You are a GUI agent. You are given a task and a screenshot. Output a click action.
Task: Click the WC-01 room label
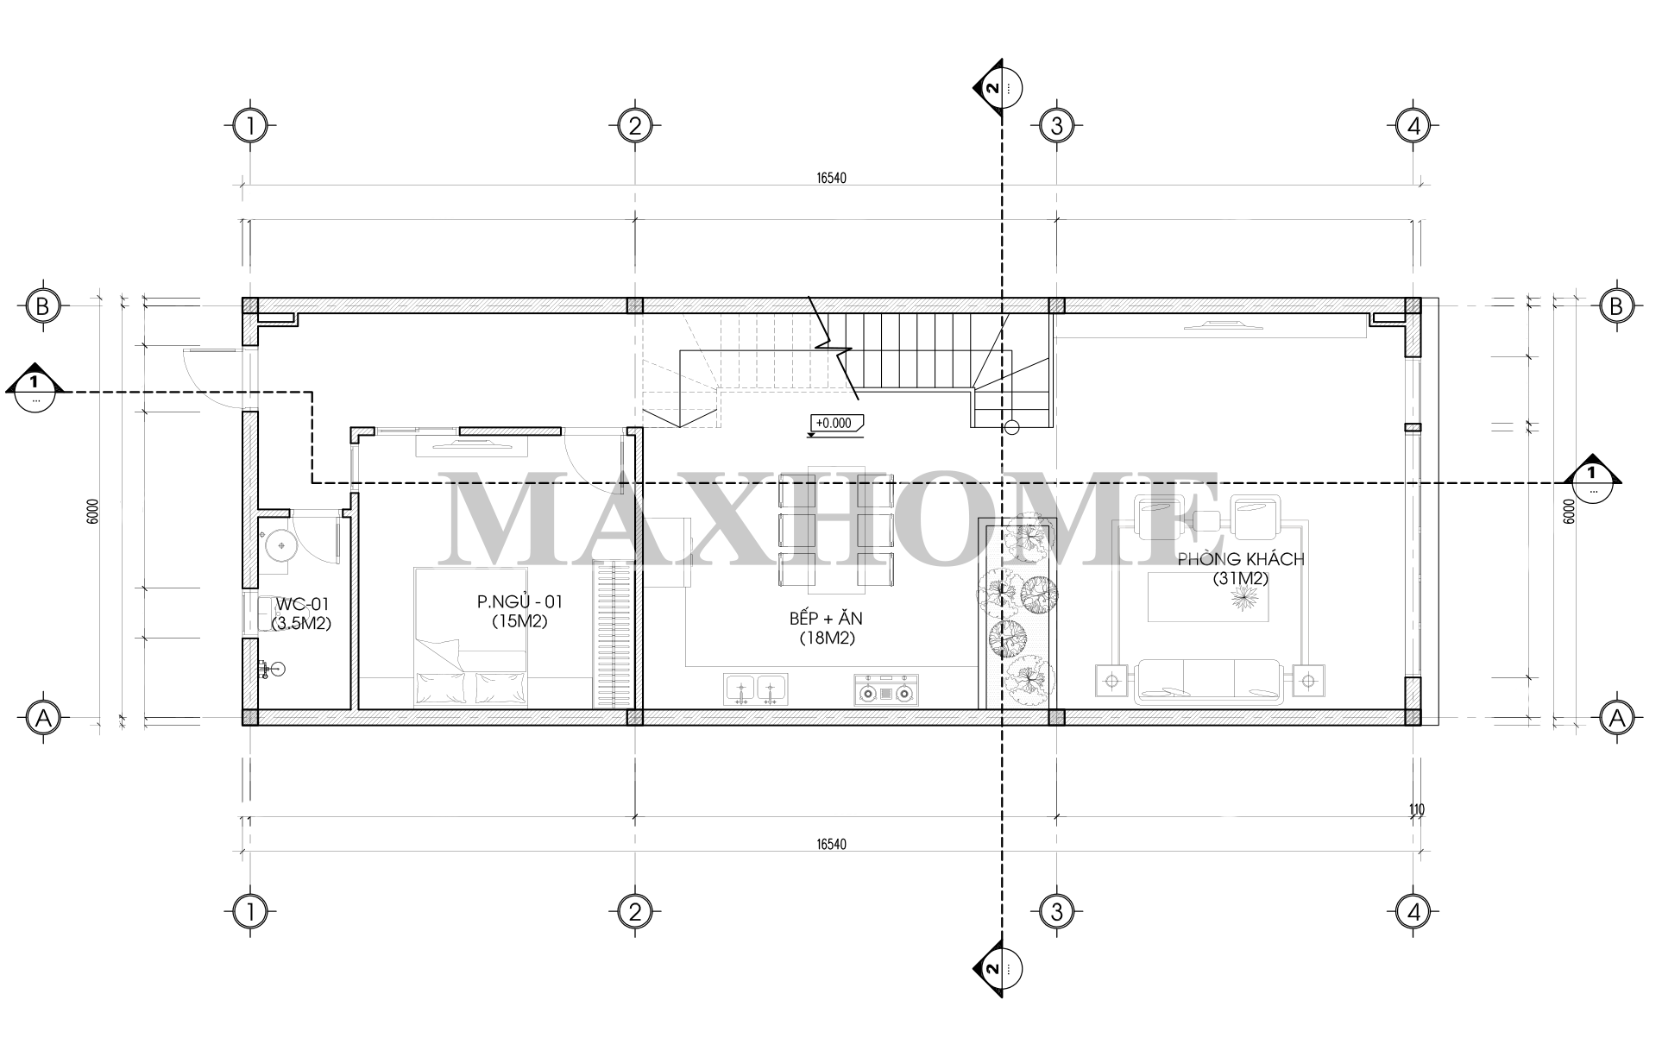click(301, 605)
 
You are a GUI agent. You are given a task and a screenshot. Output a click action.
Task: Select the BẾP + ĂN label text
click(826, 619)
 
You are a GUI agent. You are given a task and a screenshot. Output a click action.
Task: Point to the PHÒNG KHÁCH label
click(1241, 559)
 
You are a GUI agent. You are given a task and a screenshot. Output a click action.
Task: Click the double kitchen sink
click(755, 690)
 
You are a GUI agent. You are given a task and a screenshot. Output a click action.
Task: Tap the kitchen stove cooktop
click(886, 690)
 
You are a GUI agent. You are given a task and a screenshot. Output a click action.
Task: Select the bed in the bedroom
click(470, 637)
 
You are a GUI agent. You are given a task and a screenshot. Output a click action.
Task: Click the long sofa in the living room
click(1209, 682)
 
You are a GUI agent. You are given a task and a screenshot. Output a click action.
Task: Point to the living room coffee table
click(1208, 597)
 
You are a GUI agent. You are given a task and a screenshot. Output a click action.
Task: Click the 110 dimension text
click(1416, 809)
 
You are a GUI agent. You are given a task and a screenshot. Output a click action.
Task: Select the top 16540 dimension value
click(831, 179)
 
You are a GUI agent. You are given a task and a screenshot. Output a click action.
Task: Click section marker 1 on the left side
click(35, 390)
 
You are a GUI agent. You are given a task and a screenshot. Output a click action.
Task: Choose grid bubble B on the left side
click(41, 305)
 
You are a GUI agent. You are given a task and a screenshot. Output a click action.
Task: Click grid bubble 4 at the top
click(1413, 127)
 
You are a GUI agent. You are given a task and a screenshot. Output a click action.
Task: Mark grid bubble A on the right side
click(1616, 717)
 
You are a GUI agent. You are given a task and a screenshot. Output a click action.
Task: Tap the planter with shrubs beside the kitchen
click(1017, 613)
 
